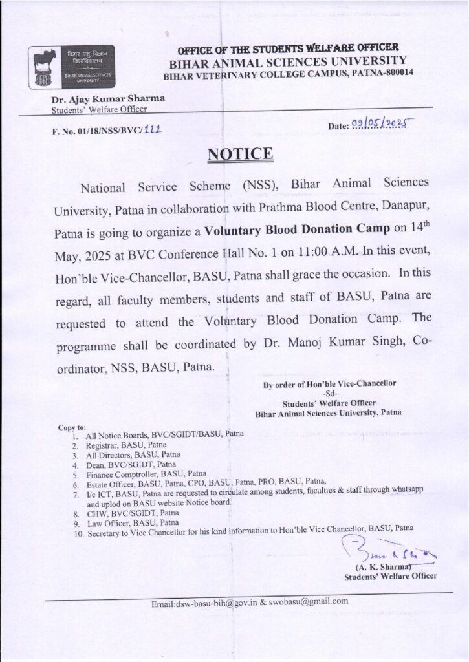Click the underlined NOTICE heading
[240, 154]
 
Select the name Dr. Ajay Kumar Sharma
[109, 98]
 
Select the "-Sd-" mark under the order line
[329, 392]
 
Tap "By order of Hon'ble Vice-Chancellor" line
[329, 384]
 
